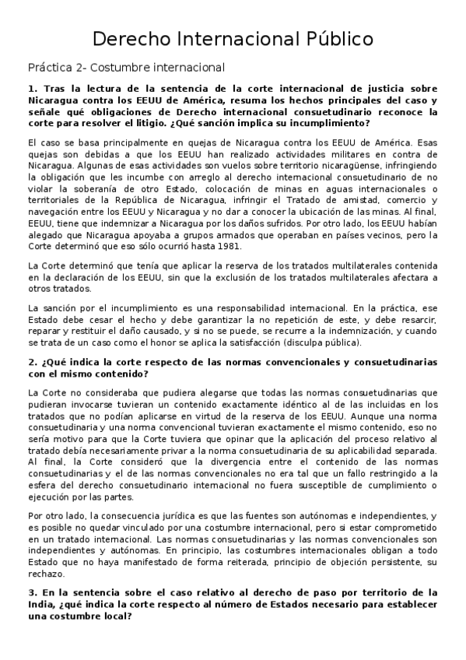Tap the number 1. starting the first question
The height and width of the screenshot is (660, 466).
coord(31,90)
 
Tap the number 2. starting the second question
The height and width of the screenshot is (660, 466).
coord(31,363)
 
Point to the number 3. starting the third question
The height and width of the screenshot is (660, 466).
coord(31,592)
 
